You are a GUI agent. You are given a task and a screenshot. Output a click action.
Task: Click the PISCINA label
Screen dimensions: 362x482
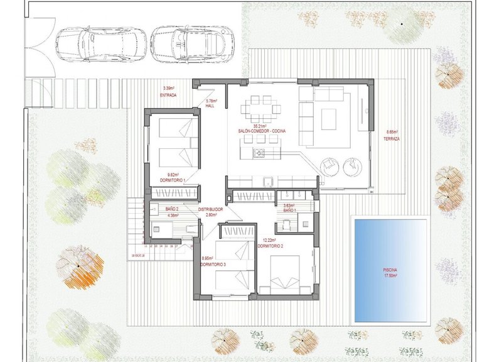pyautogui.click(x=390, y=269)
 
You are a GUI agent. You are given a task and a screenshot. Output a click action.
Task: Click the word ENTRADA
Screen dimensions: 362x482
pyautogui.click(x=168, y=95)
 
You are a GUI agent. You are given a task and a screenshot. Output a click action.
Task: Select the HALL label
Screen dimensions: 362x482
pyautogui.click(x=211, y=106)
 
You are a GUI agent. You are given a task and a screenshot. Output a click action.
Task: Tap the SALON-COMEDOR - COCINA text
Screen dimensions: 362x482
pyautogui.click(x=261, y=131)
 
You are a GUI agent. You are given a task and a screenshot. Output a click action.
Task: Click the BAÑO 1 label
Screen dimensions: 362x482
pyautogui.click(x=289, y=211)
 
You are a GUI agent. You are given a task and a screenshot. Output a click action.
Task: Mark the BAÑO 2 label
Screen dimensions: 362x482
pyautogui.click(x=173, y=209)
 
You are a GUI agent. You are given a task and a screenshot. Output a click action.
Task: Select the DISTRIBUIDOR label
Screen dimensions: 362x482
pyautogui.click(x=211, y=209)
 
